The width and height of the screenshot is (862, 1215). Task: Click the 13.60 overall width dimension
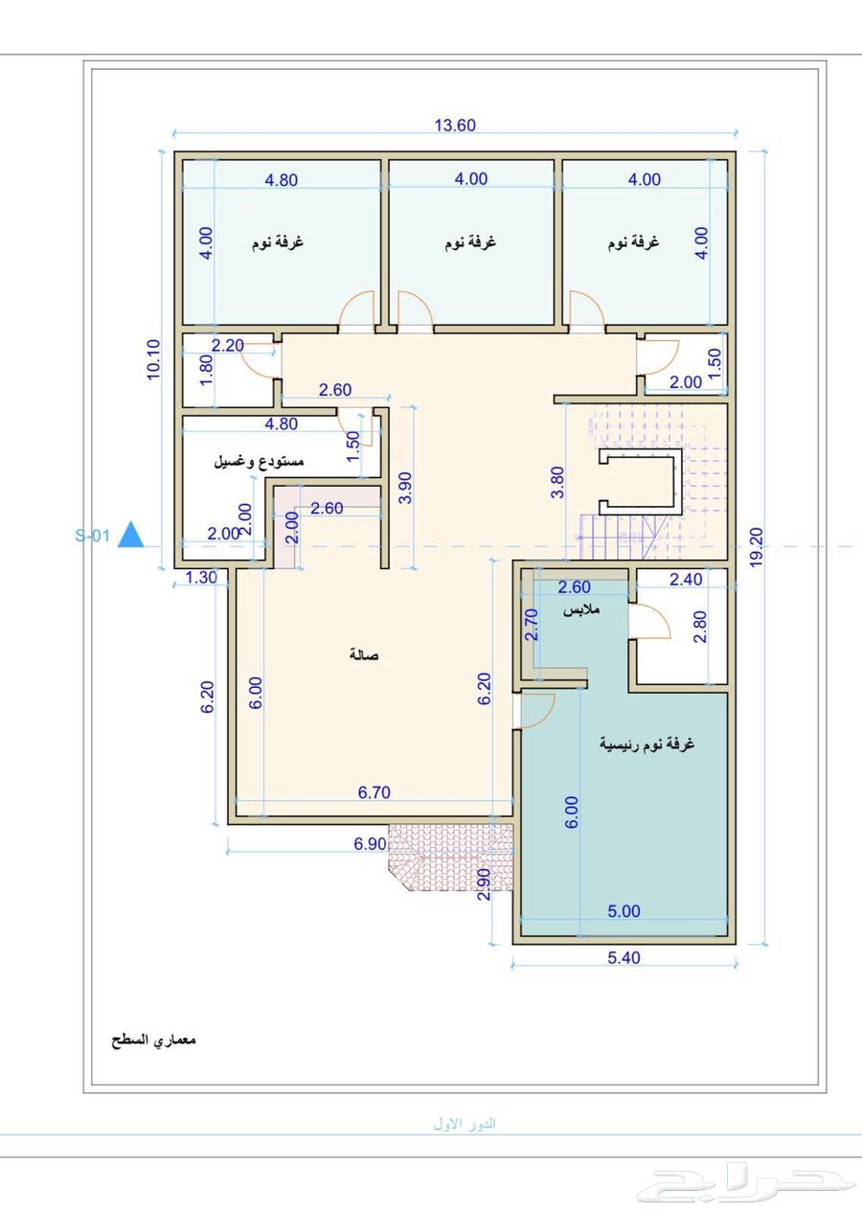pos(455,126)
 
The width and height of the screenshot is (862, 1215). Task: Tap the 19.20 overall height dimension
pos(757,547)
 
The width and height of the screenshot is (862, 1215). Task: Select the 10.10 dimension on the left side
pos(154,359)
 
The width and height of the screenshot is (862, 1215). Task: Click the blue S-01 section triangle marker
pos(130,535)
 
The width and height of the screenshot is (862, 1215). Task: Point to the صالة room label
pos(364,654)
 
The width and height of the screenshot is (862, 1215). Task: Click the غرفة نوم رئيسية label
pos(646,744)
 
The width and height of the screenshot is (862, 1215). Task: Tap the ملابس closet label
pos(581,609)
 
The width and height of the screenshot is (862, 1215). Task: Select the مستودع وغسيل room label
pos(259,462)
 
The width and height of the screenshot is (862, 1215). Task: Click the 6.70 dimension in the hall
pos(374,792)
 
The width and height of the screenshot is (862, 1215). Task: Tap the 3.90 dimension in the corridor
pos(405,488)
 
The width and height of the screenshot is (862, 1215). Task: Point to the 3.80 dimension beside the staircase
pos(557,482)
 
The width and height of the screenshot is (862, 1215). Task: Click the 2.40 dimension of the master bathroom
pos(686,580)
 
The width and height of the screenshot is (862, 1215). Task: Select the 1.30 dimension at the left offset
pos(201,577)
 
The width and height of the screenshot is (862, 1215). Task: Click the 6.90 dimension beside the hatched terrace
pos(370,844)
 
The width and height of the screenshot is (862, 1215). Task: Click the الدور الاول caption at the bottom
pos(465,1123)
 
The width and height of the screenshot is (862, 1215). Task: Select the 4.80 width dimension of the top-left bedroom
pos(281,180)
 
